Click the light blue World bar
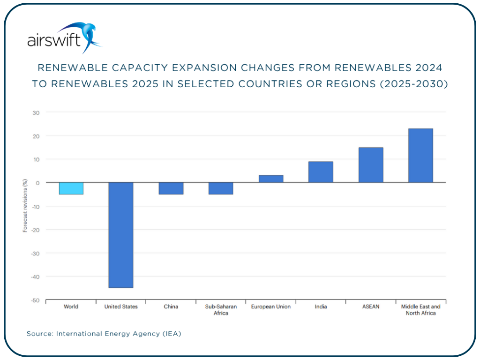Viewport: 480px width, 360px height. click(71, 188)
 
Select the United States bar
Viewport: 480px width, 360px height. click(120, 235)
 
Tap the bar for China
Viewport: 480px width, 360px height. click(171, 188)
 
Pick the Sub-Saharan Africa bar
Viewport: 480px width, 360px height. click(221, 188)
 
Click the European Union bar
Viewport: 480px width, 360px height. click(270, 179)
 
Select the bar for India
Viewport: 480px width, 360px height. click(321, 172)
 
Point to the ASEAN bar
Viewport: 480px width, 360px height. click(371, 165)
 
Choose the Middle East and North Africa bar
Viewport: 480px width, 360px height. click(420, 156)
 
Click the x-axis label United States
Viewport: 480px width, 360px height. click(121, 307)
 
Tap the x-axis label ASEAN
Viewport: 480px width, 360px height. click(371, 307)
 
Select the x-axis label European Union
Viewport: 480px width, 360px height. click(270, 307)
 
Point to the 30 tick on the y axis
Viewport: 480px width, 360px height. click(36, 112)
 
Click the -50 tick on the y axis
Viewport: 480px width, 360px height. click(35, 300)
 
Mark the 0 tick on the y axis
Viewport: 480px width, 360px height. click(38, 183)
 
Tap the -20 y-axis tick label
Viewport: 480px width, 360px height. click(35, 230)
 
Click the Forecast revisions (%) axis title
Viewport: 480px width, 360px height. click(25, 206)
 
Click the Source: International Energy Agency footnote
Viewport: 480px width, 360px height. click(104, 334)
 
